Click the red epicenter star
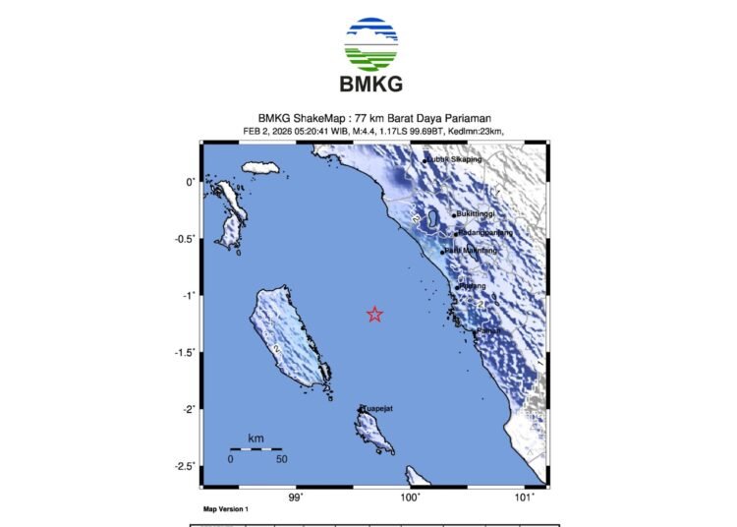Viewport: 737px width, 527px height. click(x=374, y=315)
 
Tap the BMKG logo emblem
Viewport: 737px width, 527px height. click(x=370, y=42)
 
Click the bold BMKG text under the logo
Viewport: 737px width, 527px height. click(x=370, y=84)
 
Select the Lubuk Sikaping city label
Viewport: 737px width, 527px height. click(x=455, y=159)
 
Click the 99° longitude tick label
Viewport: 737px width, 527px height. click(x=296, y=497)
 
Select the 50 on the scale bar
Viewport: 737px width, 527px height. click(x=281, y=459)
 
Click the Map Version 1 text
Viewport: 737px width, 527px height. click(x=226, y=509)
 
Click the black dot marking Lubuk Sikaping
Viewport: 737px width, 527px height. click(x=425, y=160)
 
